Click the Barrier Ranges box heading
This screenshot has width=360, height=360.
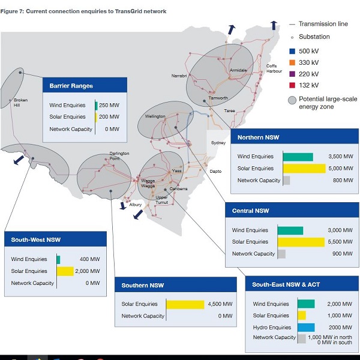click(71, 86)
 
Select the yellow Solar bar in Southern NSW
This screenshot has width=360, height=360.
click(185, 304)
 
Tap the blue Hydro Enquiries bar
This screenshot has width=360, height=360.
click(306, 328)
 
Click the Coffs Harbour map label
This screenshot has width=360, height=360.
click(274, 68)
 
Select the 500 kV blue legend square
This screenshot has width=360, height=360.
click(292, 51)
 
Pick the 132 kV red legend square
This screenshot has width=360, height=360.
click(292, 85)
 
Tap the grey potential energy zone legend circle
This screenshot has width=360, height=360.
click(292, 100)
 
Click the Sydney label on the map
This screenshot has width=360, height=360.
click(218, 143)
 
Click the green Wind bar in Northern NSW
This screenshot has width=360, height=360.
click(298, 157)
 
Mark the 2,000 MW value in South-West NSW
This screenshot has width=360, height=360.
click(88, 271)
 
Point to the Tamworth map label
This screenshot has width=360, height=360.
click(218, 98)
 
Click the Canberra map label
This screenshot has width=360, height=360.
click(178, 188)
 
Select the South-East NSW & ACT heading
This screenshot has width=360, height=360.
click(286, 285)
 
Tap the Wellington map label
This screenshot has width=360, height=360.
click(155, 116)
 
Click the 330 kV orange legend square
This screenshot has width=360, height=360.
click(292, 62)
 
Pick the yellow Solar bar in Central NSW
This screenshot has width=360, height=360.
click(301, 242)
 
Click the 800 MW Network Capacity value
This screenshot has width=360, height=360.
click(342, 180)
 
